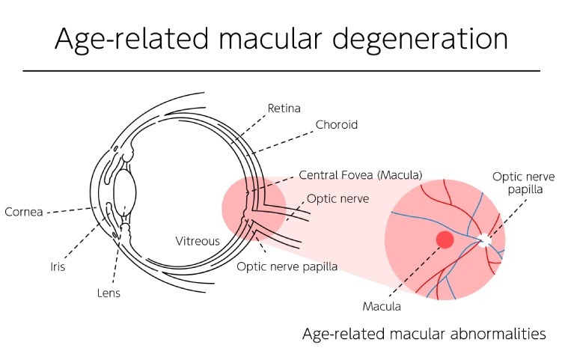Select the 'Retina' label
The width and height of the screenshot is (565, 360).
[x=284, y=109]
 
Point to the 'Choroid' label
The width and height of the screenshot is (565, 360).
[x=336, y=125]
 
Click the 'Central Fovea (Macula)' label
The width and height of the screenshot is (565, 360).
[x=360, y=175]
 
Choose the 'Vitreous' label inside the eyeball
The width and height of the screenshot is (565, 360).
[x=198, y=241]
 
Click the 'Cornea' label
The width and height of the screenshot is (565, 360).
[x=24, y=211]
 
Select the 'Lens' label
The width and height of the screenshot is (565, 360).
[x=108, y=293]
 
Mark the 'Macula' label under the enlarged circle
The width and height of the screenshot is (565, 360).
[x=382, y=306]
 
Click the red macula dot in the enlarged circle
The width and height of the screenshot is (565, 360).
[x=445, y=240]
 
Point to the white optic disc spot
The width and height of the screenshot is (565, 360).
[x=485, y=240]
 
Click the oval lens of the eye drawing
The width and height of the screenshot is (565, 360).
[x=124, y=187]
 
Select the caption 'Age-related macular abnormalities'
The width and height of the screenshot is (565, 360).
[x=424, y=334]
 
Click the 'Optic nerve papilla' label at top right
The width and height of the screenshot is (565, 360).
[x=523, y=183]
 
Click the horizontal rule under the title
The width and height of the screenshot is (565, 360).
[x=281, y=70]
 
